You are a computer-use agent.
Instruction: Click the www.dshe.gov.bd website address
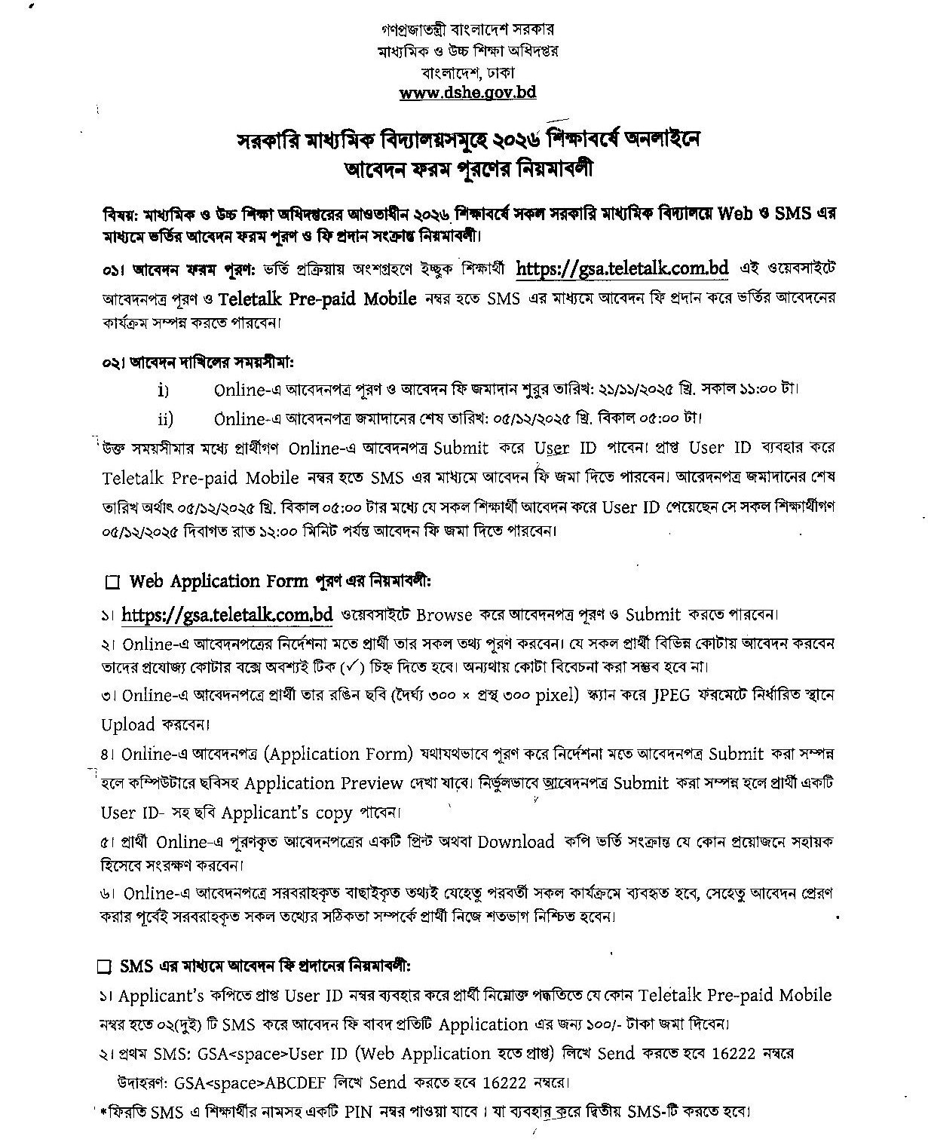click(467, 93)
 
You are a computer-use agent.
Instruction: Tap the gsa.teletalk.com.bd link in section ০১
click(622, 268)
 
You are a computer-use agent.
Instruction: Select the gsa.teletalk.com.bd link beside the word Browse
click(227, 614)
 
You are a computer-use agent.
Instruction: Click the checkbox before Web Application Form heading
click(113, 583)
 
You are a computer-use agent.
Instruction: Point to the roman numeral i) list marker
click(163, 390)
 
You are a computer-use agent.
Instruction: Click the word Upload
click(128, 724)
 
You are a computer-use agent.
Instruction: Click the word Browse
click(444, 615)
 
